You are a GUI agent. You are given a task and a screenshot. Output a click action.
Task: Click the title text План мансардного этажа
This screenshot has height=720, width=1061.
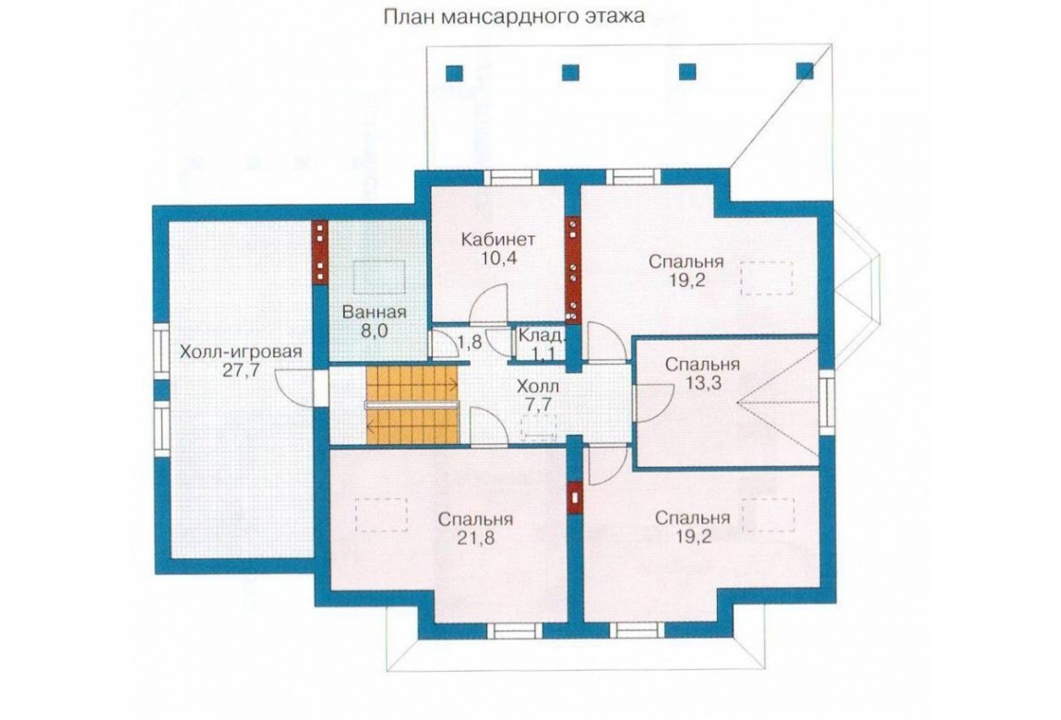[x=514, y=17]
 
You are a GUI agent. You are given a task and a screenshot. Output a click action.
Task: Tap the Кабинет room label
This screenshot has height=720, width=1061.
[x=499, y=239]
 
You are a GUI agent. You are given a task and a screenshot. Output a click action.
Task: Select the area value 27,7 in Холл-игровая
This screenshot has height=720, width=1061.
[x=240, y=370]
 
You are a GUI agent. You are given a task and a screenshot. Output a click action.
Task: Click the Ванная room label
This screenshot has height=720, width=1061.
[x=375, y=312]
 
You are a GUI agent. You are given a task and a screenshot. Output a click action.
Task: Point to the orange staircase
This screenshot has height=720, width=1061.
[x=412, y=404]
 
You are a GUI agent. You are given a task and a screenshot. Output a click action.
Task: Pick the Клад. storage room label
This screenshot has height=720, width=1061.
[x=540, y=335]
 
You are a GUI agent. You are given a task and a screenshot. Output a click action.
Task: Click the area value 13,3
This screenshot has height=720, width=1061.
[x=702, y=383]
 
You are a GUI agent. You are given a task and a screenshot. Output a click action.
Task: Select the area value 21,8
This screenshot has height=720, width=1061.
[x=475, y=538]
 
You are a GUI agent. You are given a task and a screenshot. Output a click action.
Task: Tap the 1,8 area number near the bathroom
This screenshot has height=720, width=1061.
[x=470, y=342]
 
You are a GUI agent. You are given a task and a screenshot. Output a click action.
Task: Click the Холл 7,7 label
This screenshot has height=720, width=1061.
[x=538, y=396]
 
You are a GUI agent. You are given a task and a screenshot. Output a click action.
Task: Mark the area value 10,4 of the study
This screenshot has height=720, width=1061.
[x=499, y=258]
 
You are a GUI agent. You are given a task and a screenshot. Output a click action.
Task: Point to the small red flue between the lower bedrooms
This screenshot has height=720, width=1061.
[x=575, y=498]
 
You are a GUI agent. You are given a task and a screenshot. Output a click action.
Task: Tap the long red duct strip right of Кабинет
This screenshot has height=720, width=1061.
[x=572, y=269]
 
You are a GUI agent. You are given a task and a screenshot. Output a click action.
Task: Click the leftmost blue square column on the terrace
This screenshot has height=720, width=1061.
[x=454, y=72]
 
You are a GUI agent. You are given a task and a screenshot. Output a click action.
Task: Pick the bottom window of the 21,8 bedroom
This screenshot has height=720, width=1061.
[x=516, y=631]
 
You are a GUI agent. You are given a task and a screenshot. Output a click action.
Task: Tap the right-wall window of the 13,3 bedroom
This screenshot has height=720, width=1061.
[x=826, y=404]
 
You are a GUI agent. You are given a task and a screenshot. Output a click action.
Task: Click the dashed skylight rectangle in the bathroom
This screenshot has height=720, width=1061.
[x=378, y=278]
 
